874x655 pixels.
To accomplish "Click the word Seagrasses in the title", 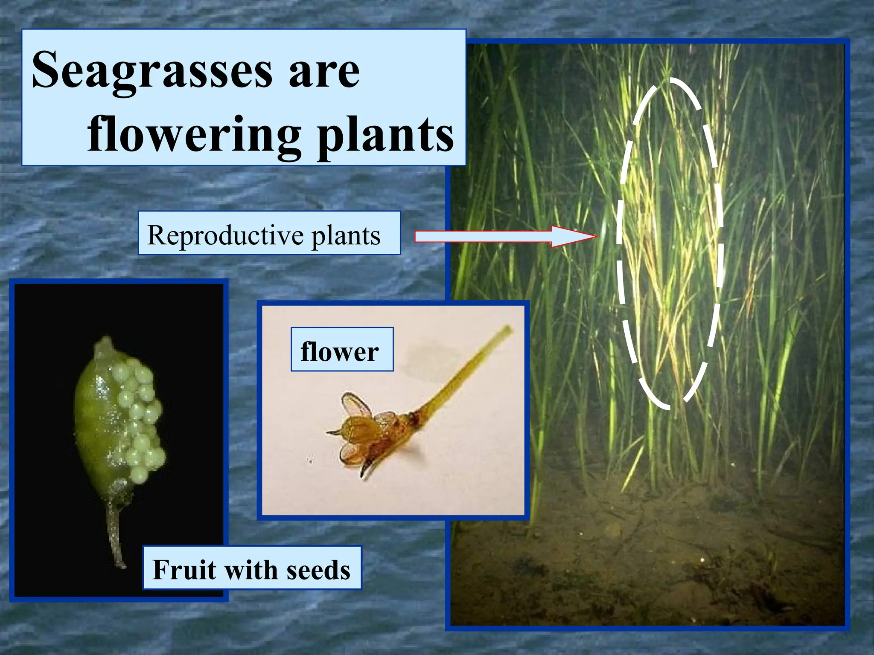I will (151, 70).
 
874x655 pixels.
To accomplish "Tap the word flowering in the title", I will (194, 136).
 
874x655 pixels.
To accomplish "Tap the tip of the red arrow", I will (595, 236).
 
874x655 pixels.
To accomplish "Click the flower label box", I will (341, 349).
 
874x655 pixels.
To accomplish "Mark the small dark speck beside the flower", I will (310, 460).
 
